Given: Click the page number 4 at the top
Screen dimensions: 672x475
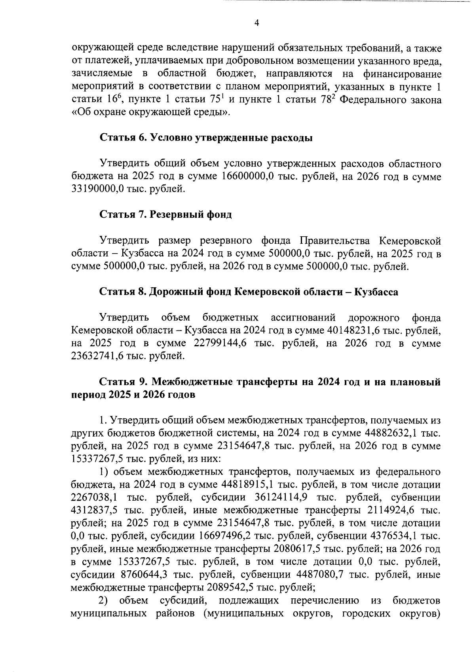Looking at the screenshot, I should pos(256,23).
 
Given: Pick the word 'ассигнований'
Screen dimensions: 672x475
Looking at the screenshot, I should pos(304,318).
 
